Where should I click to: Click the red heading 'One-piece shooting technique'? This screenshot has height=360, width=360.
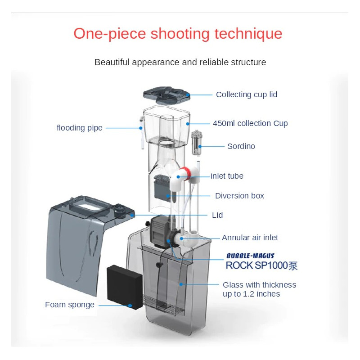(178, 34)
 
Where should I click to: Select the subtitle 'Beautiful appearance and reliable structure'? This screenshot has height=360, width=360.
(180, 62)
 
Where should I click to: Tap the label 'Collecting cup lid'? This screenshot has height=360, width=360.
(247, 94)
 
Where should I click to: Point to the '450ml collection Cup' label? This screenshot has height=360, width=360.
(250, 123)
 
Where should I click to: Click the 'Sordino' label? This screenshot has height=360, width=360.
(241, 146)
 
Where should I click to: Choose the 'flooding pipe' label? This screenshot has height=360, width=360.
(80, 128)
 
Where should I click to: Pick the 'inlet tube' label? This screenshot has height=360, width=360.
(227, 176)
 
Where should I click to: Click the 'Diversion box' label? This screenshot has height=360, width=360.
(239, 196)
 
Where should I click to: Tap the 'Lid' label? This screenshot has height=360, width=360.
(217, 215)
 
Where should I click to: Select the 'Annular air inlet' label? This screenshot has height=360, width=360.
(250, 238)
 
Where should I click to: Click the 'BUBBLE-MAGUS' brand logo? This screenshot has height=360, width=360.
(250, 256)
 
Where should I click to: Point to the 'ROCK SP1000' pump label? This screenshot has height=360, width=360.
(261, 265)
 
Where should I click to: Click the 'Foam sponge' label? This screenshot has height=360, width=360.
(70, 305)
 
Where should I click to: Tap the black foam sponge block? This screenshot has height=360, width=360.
(124, 286)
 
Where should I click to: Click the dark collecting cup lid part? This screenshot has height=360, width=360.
(166, 92)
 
